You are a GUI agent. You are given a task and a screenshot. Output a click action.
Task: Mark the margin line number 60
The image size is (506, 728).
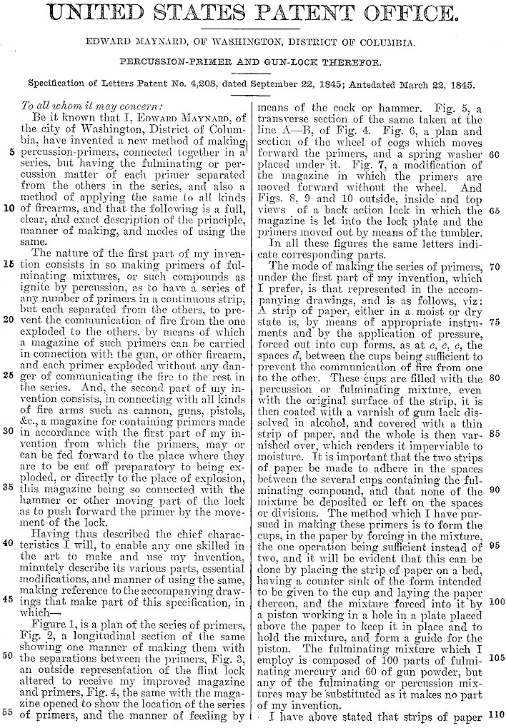click(493, 153)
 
